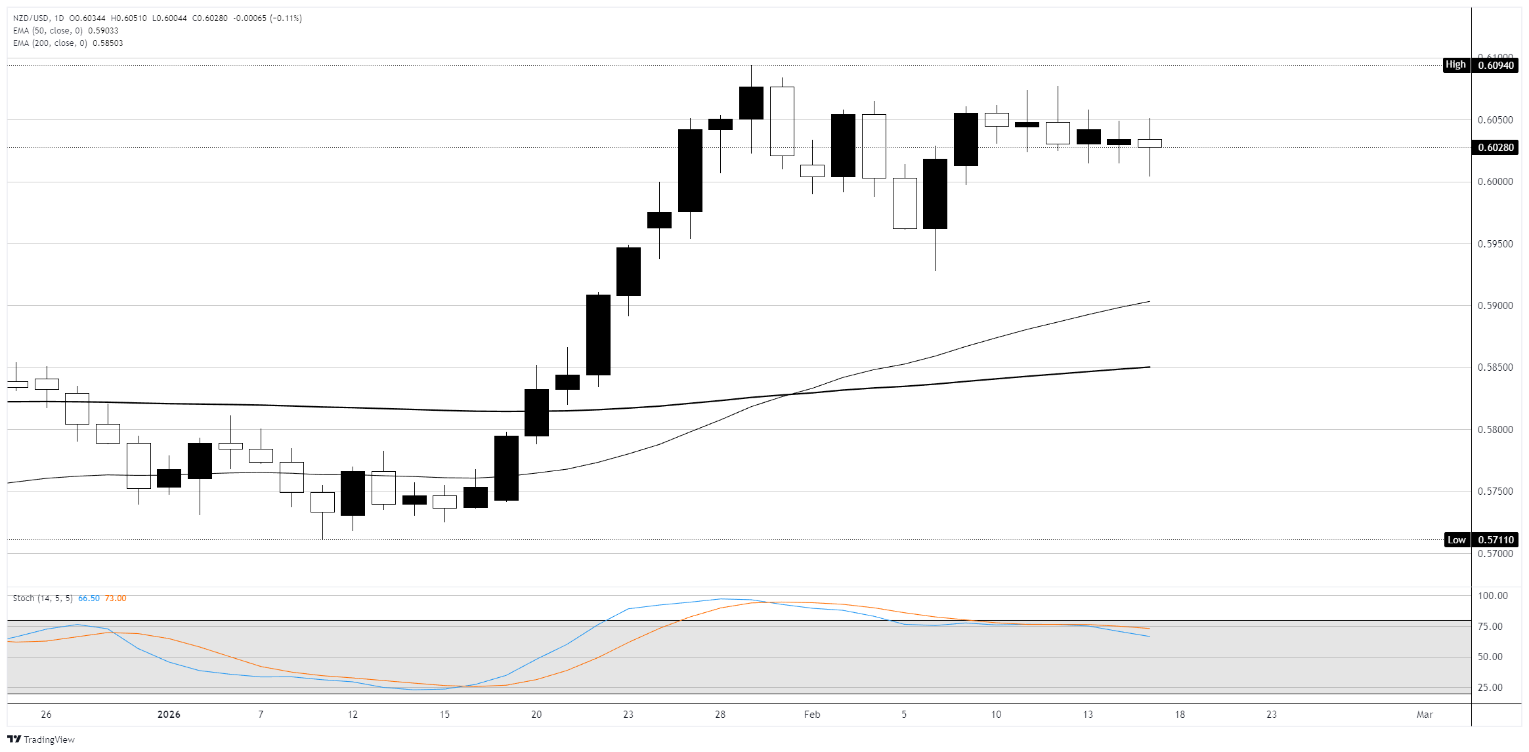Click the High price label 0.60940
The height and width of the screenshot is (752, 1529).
[1496, 65]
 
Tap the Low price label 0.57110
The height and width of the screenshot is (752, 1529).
[1496, 540]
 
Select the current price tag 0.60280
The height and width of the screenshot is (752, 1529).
[1496, 147]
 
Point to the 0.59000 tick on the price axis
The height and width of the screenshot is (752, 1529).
[1495, 306]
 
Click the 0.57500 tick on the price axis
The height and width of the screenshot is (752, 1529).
[1495, 491]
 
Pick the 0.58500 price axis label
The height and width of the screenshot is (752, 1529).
[1495, 367]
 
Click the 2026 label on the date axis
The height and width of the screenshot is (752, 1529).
[169, 715]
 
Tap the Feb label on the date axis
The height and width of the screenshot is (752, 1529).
[812, 715]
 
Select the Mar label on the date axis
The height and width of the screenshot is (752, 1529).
[1425, 715]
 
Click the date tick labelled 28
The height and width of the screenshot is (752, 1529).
[720, 715]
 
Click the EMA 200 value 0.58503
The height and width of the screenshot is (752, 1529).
[108, 43]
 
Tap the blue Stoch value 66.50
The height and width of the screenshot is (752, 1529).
[89, 598]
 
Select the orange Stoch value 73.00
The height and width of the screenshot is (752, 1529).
[116, 598]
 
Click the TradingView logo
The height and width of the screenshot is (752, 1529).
[41, 740]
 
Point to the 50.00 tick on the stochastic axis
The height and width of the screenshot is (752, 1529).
[1490, 657]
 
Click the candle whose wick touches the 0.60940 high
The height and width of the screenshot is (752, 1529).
[751, 103]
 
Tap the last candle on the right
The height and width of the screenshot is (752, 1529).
[1150, 143]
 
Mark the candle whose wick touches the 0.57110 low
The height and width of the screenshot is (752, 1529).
[322, 502]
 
